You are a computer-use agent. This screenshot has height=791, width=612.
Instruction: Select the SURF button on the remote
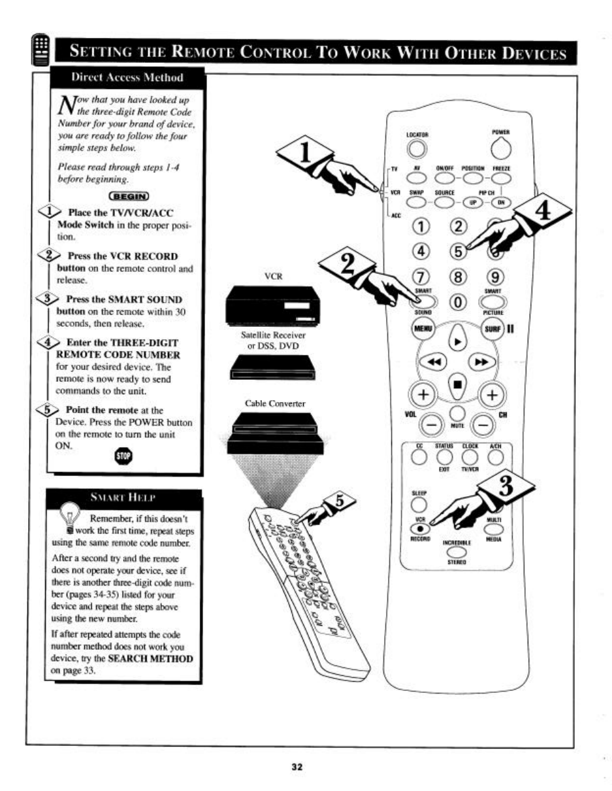coord(493,328)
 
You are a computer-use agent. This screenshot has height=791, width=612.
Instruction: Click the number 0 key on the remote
coord(457,303)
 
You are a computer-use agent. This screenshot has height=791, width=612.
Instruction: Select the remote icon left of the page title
coord(41,52)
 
